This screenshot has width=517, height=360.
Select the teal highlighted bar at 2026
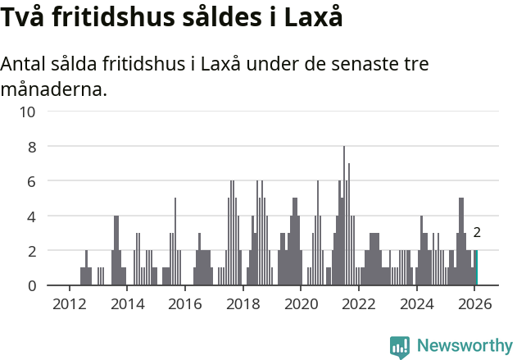pos(476,268)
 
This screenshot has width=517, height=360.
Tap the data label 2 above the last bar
pos(476,233)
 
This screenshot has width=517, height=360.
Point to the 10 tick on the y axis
pos(27,112)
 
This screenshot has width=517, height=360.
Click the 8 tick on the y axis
pos(31,147)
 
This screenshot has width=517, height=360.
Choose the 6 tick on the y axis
pos(31,181)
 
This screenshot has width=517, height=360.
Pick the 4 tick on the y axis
pos(31,216)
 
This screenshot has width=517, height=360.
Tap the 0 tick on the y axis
pos(31,286)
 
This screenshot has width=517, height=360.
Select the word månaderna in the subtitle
pos(54,89)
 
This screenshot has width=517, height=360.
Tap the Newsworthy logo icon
pos(400,347)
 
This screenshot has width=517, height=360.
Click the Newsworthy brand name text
pos(464,347)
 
